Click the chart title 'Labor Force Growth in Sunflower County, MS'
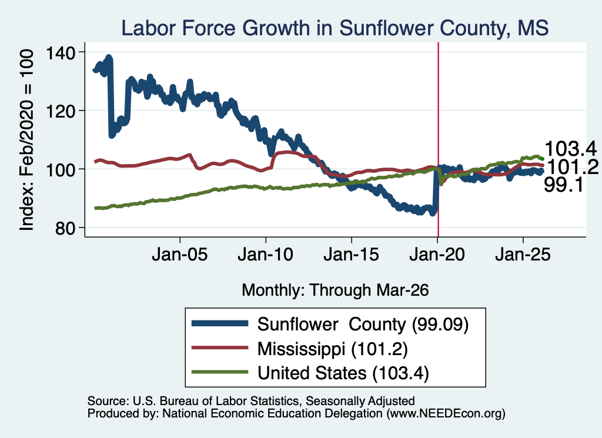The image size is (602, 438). (x=335, y=28)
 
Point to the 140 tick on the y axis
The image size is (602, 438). (x=61, y=52)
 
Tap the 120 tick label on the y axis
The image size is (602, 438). (x=61, y=111)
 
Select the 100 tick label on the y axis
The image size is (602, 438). (x=61, y=169)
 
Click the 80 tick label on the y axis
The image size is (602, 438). (x=65, y=228)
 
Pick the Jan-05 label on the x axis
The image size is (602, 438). (x=180, y=255)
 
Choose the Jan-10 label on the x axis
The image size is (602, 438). (x=265, y=255)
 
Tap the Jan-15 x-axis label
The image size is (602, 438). (x=352, y=255)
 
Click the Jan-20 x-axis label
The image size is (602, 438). (x=437, y=255)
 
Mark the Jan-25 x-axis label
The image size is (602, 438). (x=523, y=255)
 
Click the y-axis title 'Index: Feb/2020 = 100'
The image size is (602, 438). (x=26, y=140)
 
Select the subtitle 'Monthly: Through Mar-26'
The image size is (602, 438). (x=335, y=290)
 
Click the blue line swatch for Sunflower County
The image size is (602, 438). (x=220, y=323)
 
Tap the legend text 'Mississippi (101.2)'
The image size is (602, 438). (x=333, y=349)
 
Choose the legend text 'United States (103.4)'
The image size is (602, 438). (x=343, y=373)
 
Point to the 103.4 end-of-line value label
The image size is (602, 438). (x=570, y=149)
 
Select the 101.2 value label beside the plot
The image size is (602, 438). (x=573, y=167)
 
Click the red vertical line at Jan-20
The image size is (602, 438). (x=438, y=139)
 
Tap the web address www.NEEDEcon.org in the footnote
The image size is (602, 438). (x=446, y=413)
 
